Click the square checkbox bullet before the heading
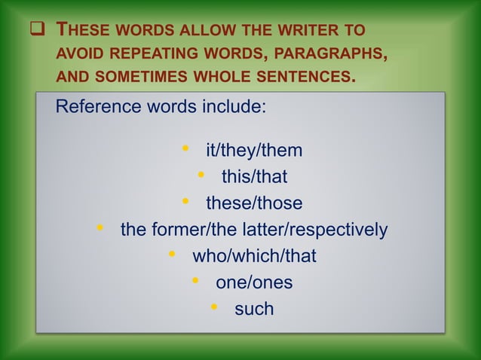pyautogui.click(x=35, y=32)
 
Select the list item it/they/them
pyautogui.click(x=254, y=151)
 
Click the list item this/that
pyautogui.click(x=254, y=177)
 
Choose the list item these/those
pyautogui.click(x=254, y=203)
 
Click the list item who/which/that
pyautogui.click(x=254, y=256)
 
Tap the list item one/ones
pyautogui.click(x=254, y=282)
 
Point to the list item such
pyautogui.click(x=254, y=309)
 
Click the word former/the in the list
pyautogui.click(x=187, y=230)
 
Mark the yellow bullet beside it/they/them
pyautogui.click(x=186, y=149)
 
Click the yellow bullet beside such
pyautogui.click(x=215, y=307)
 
